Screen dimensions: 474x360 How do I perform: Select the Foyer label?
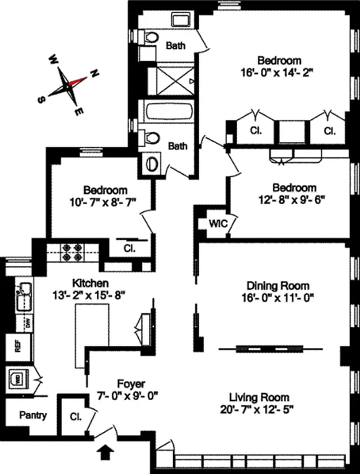[x=131, y=383]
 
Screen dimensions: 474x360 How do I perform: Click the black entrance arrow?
[x=107, y=453]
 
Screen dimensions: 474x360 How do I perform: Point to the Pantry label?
[x=33, y=415]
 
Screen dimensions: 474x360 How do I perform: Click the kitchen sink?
[x=24, y=294]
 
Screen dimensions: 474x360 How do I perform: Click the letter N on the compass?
[x=93, y=74]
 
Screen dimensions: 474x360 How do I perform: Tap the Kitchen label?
[x=90, y=283]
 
